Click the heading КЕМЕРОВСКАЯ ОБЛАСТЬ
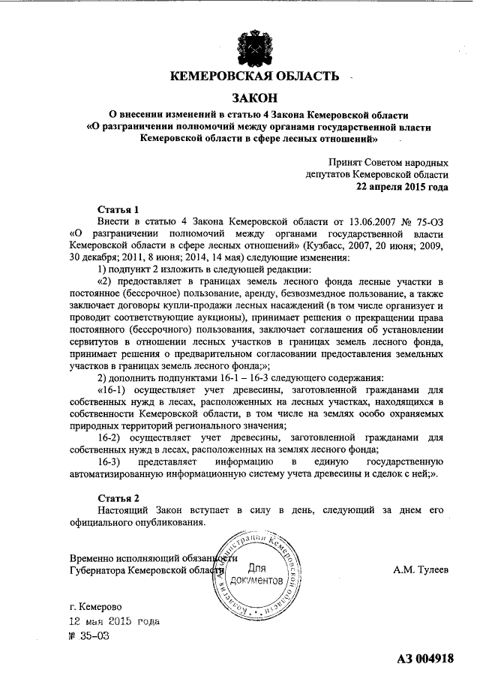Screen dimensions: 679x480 point(254,76)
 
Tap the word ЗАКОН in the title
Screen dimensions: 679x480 point(254,98)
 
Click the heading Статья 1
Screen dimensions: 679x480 point(119,210)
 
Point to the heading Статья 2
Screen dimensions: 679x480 point(119,498)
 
